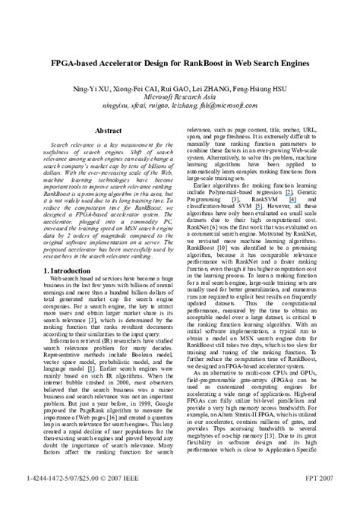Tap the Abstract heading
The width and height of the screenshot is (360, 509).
[x=109, y=131]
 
